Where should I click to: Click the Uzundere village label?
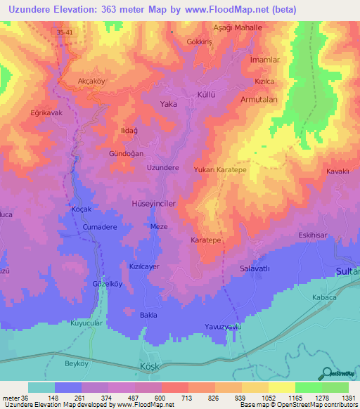click(x=162, y=168)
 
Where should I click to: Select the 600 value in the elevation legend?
click(x=161, y=398)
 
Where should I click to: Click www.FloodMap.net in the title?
click(x=226, y=10)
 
